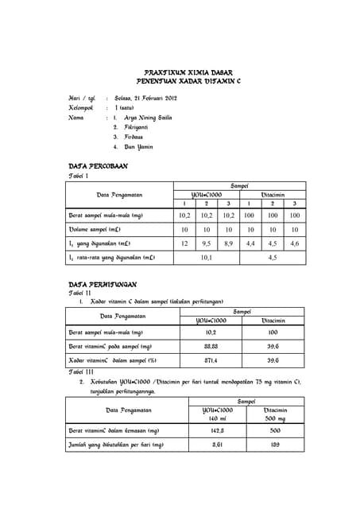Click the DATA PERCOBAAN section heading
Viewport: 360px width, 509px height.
(x=99, y=166)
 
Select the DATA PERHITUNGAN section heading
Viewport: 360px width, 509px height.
(x=103, y=284)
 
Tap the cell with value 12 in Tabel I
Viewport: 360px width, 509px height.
(x=184, y=243)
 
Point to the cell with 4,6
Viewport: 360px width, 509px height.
(x=295, y=243)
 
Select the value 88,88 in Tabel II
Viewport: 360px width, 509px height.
(x=211, y=347)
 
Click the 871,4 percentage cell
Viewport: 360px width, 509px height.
(x=211, y=360)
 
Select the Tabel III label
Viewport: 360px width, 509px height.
(x=83, y=371)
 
